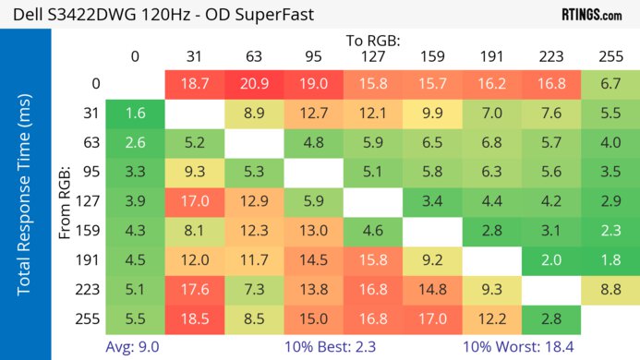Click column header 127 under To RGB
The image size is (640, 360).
point(372,56)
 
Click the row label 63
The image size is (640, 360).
point(91,143)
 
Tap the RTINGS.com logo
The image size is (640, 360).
point(591,15)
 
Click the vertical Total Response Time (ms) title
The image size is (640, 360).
point(25,198)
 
